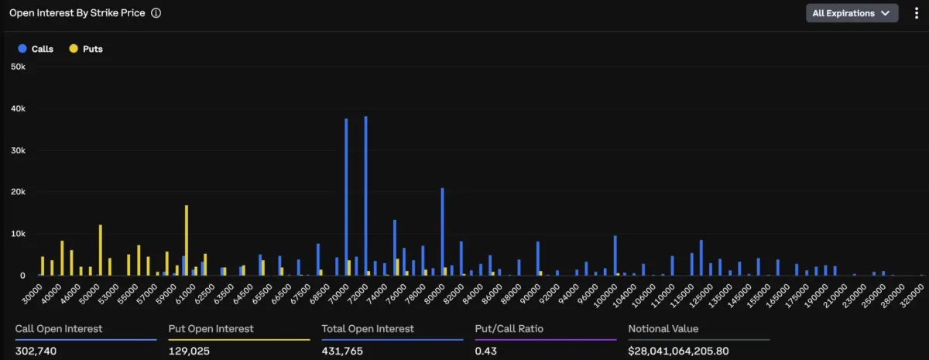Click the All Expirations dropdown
click(x=852, y=13)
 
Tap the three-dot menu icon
click(x=916, y=13)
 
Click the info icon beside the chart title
click(x=156, y=13)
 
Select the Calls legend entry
click(x=36, y=49)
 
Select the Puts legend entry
click(x=86, y=49)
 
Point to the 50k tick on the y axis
click(x=19, y=67)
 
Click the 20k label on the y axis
click(x=19, y=192)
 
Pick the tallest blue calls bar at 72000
click(x=365, y=196)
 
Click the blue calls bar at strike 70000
click(x=346, y=197)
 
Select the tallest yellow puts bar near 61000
click(x=187, y=240)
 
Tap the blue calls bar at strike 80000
click(x=443, y=231)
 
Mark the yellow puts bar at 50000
click(x=101, y=250)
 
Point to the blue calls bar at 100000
click(x=615, y=255)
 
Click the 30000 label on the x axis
click(x=32, y=294)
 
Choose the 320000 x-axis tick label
click(x=912, y=296)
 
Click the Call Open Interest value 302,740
click(x=36, y=351)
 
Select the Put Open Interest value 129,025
click(x=189, y=351)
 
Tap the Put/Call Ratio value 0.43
click(x=486, y=351)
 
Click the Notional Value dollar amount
click(x=678, y=351)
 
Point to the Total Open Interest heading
click(x=368, y=329)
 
